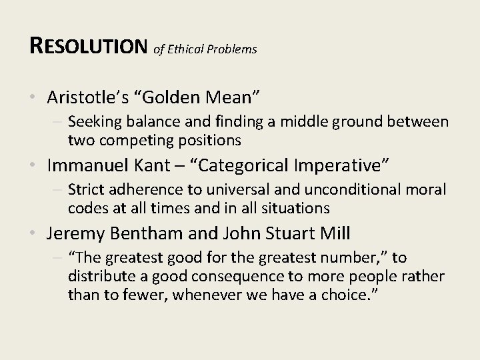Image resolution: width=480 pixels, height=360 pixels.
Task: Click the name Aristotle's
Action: [85, 97]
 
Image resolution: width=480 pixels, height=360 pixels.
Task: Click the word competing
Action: [127, 140]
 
